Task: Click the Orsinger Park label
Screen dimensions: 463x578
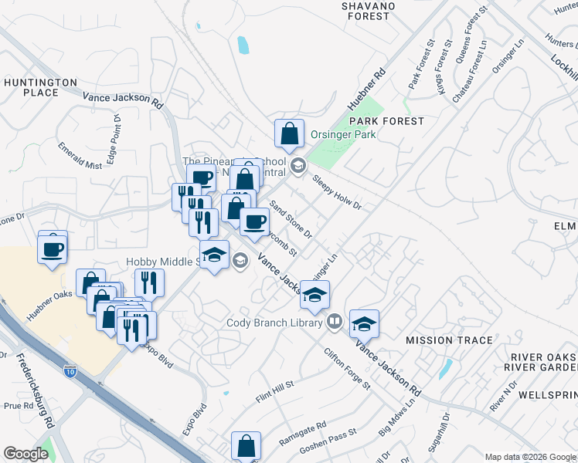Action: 343,134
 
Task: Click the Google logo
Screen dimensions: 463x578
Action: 25,454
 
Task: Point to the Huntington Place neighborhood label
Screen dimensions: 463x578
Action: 41,87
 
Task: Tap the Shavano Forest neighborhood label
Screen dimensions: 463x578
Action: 369,11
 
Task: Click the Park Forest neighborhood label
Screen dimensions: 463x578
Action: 386,121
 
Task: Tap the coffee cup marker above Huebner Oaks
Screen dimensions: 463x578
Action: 53,249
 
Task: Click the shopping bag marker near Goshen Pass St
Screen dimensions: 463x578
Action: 246,446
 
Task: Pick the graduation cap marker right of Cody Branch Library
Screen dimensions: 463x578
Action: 364,324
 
